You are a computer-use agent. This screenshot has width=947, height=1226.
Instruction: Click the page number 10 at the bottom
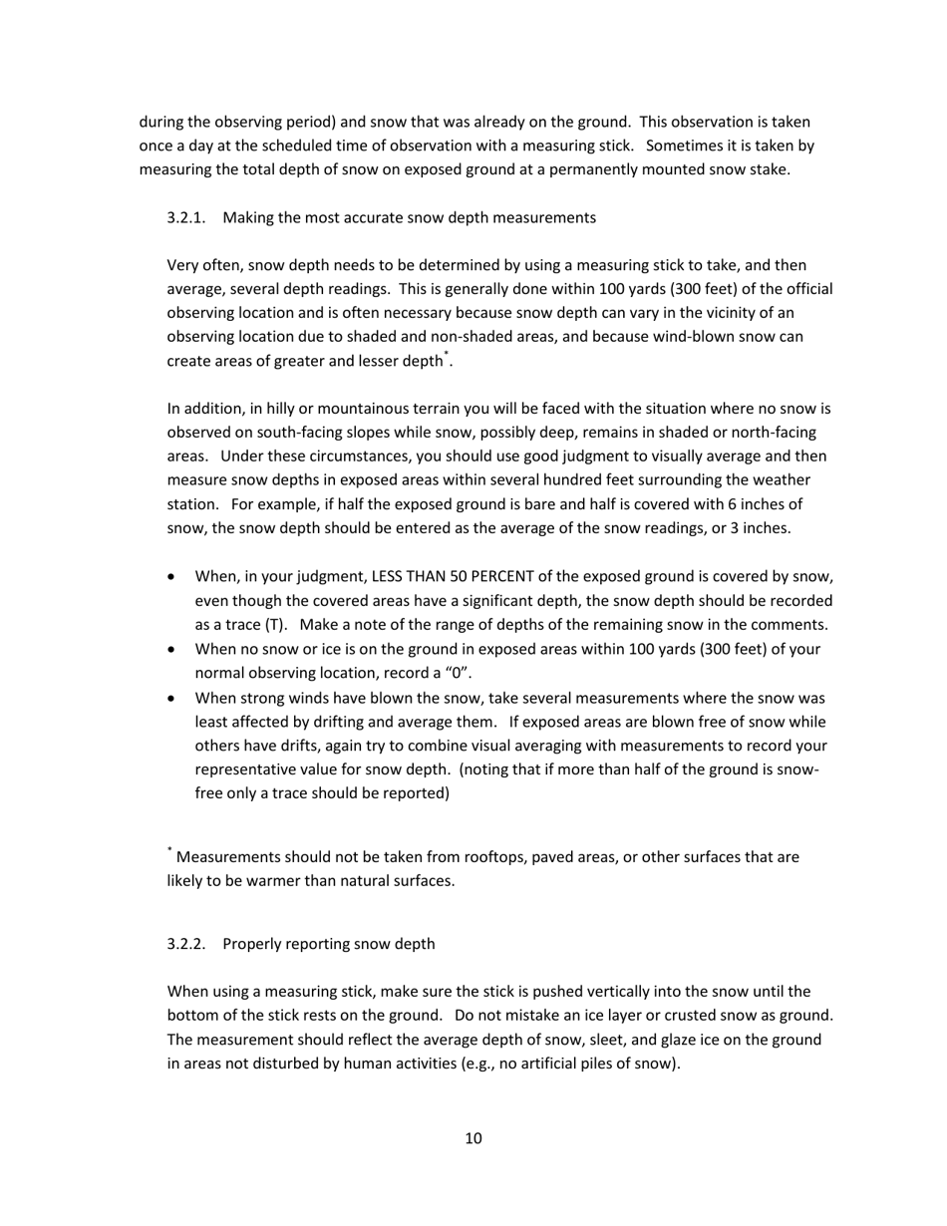473,1138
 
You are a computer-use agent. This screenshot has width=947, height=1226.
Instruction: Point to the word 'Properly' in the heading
253,943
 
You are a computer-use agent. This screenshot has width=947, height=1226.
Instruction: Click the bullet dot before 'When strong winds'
175,699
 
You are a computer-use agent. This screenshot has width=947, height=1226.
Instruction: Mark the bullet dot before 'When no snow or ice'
175,650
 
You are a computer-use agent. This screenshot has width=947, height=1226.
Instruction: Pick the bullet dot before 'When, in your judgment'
175,578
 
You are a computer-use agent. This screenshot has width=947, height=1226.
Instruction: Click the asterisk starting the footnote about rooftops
169,851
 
